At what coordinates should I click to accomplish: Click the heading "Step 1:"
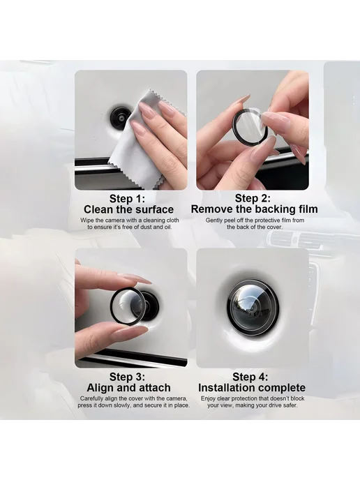tap(127, 199)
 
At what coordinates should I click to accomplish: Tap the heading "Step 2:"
tap(253, 198)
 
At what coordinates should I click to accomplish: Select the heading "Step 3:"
tap(127, 377)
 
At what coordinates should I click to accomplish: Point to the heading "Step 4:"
tap(250, 377)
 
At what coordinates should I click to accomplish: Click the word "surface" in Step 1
tap(154, 210)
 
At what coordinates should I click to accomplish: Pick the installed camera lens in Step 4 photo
tap(253, 306)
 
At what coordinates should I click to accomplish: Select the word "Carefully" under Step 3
tap(91, 399)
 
